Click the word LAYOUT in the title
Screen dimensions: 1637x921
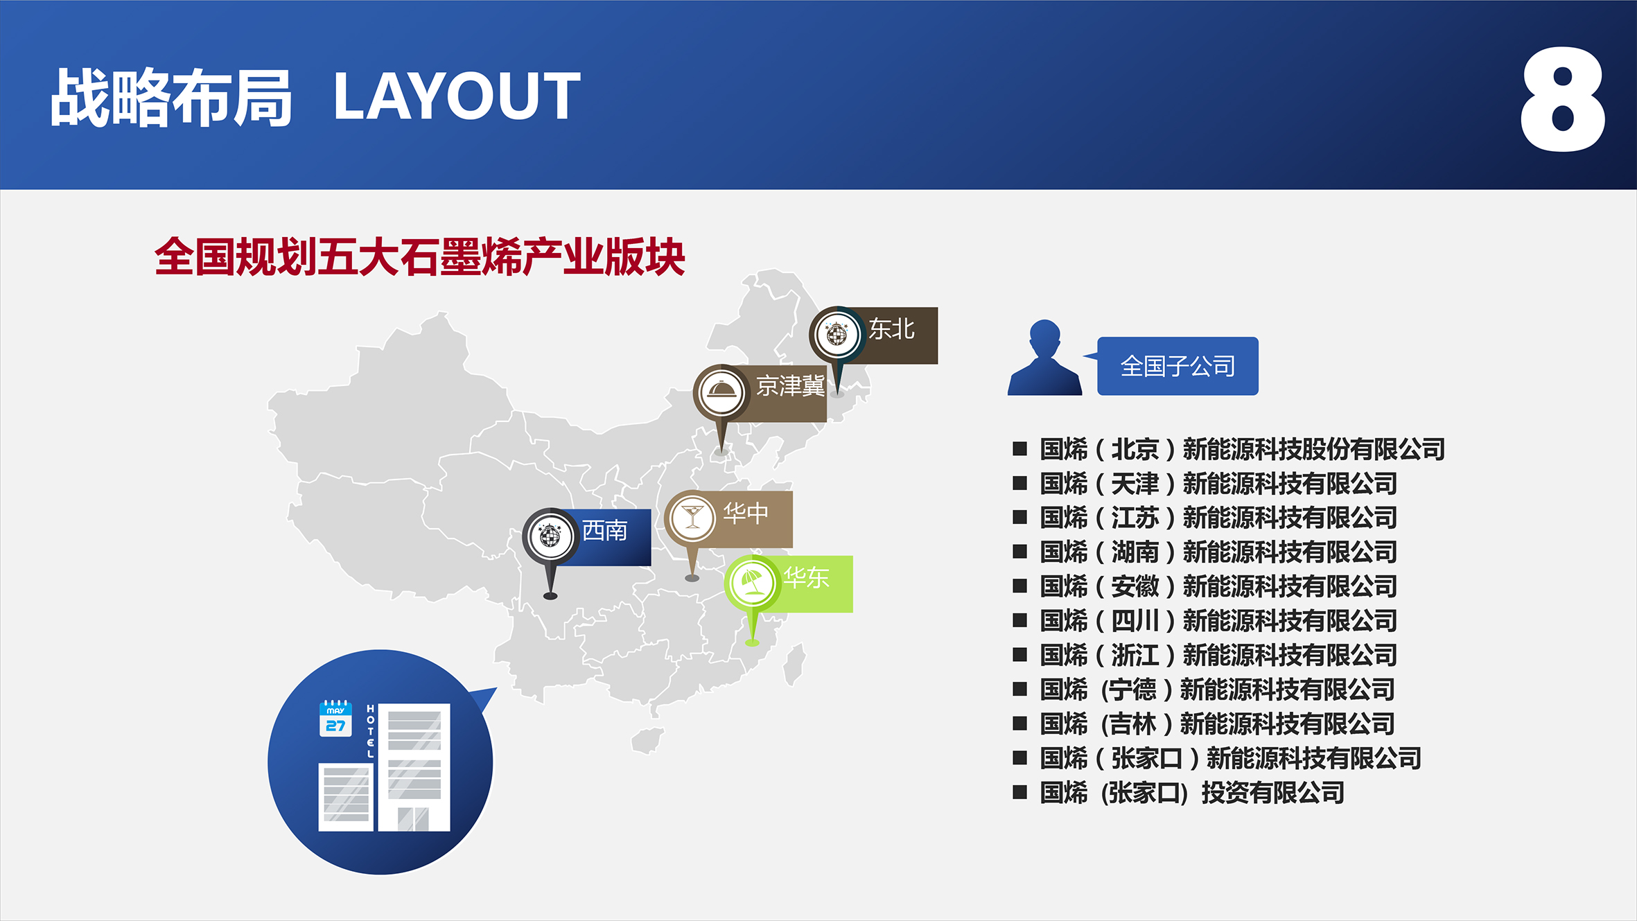457,96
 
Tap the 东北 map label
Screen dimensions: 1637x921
891,329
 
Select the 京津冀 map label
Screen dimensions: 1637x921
790,386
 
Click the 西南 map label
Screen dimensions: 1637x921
604,531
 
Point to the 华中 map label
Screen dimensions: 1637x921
746,513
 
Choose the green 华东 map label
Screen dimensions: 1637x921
806,577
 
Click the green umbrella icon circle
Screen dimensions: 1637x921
753,583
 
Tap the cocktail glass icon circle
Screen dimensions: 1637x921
692,518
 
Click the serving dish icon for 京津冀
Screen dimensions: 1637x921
721,392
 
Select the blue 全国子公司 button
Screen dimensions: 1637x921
1178,366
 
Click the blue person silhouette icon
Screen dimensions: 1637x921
1044,358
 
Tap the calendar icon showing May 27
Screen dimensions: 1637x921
335,719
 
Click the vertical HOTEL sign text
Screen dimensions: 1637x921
371,731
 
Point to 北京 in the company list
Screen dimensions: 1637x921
1135,450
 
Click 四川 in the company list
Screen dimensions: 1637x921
1135,621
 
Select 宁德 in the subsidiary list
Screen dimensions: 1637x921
1132,690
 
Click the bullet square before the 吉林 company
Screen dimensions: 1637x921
1019,724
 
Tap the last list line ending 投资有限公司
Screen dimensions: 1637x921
1192,793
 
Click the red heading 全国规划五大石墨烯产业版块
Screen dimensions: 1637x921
420,257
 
